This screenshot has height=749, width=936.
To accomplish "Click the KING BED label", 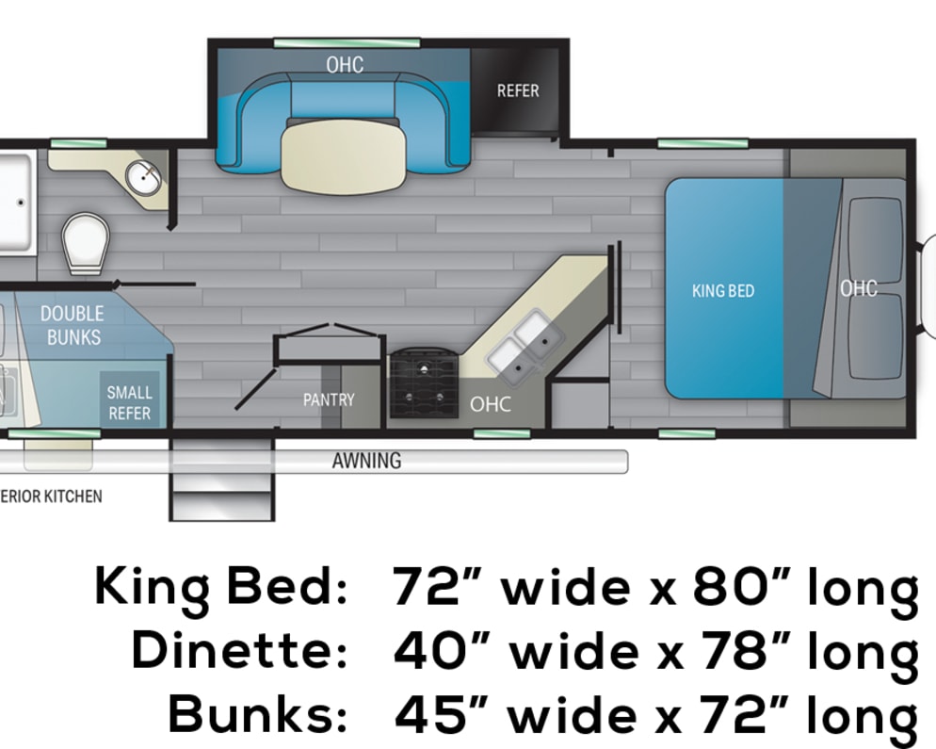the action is (723, 291).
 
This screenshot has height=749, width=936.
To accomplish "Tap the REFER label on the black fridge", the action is (518, 90).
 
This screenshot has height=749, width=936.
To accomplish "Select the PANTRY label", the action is (329, 399).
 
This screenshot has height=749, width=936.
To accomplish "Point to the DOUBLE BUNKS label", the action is (73, 326).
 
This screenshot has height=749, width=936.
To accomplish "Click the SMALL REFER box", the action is (130, 399).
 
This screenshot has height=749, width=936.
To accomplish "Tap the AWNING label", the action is (366, 461).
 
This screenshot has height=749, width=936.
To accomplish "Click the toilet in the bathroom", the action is (86, 242).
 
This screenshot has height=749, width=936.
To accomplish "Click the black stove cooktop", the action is (424, 383).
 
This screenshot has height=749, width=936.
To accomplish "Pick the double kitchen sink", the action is (525, 347).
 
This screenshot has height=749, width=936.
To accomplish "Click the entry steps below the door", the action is (222, 479).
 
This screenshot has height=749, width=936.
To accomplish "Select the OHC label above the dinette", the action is (345, 64).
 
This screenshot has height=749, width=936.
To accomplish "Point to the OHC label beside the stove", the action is (490, 404).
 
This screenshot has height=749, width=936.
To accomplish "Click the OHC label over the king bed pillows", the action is (859, 288).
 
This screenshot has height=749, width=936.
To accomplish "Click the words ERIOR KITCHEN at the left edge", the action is (51, 497).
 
